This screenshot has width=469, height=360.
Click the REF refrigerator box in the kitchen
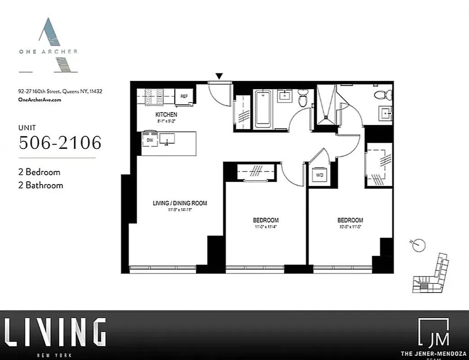[184, 96]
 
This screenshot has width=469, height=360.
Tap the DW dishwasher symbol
[149, 140]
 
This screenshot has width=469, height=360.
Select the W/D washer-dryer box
[320, 175]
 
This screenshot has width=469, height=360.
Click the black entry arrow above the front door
[219, 76]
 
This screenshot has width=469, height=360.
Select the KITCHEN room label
[166, 115]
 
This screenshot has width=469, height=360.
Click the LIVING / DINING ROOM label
[180, 203]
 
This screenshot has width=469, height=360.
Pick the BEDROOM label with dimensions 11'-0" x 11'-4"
[266, 220]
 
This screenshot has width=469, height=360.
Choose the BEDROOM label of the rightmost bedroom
[350, 220]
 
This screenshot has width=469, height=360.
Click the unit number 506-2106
[60, 143]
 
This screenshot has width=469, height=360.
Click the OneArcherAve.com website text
[40, 100]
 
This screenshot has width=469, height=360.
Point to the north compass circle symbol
[419, 245]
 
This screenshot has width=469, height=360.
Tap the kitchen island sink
[167, 139]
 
